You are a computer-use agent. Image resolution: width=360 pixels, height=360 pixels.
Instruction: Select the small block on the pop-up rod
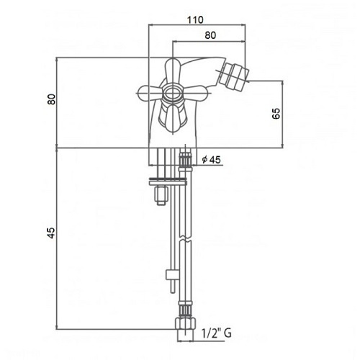[x=171, y=273]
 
